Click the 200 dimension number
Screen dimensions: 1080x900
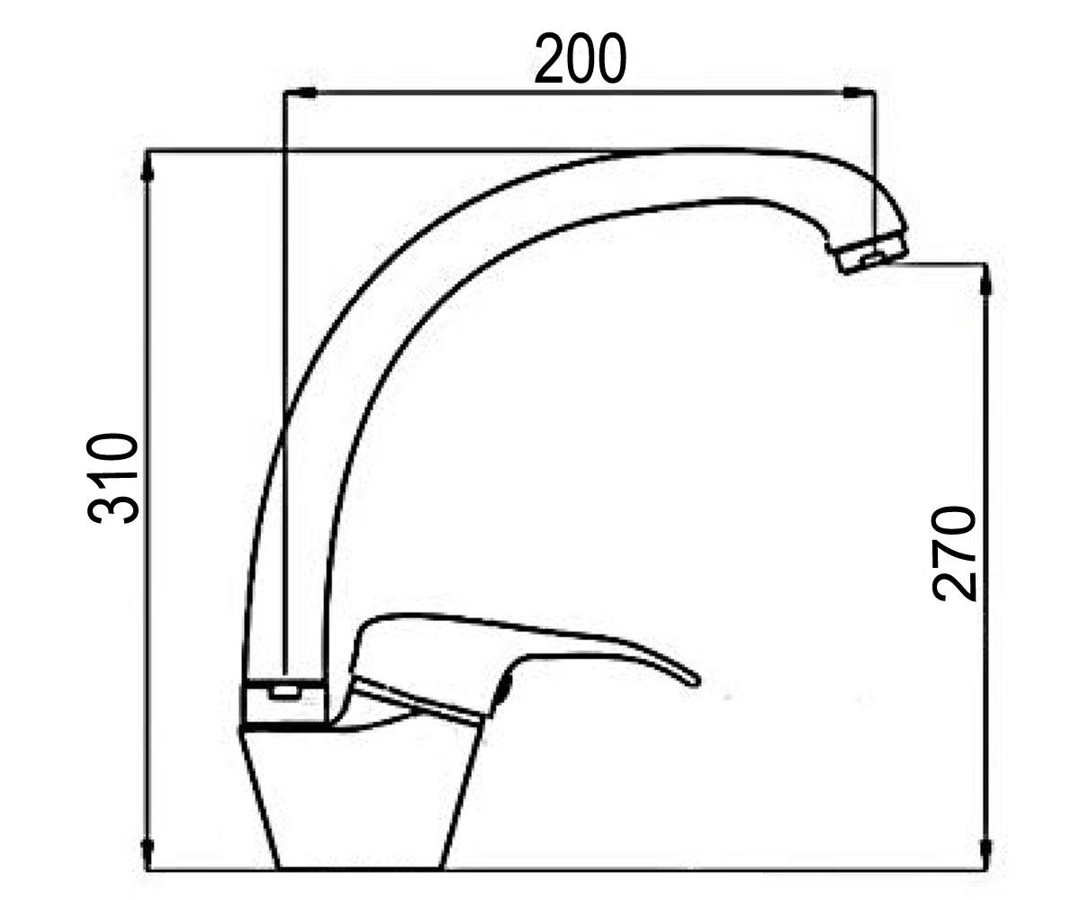pos(580,58)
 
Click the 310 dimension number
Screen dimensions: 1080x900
pos(112,479)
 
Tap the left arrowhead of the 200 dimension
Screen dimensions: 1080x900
pos(301,92)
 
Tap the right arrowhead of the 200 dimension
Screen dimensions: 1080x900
pos(859,92)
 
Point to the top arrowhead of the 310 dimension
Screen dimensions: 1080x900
pos(148,166)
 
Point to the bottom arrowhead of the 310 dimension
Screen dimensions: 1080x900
pos(148,856)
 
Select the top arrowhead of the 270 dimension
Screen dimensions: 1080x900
pos(986,280)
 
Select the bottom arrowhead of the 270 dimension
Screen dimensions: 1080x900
pos(986,856)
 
